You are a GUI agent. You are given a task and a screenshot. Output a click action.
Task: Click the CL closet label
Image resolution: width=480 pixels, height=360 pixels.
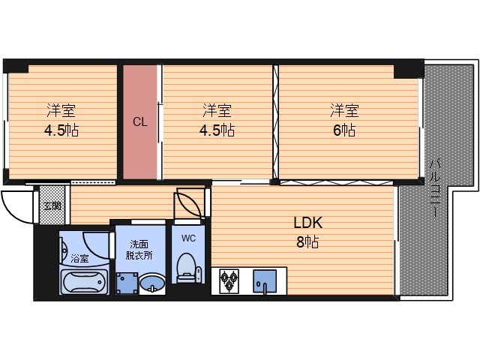click(x=140, y=122)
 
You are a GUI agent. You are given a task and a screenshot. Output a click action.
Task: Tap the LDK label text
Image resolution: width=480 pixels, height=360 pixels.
click(x=308, y=223)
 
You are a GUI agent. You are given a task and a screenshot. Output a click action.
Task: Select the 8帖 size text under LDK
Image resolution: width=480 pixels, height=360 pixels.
click(x=307, y=241)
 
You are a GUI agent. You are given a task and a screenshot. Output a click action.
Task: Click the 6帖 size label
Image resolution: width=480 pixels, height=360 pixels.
click(x=344, y=130)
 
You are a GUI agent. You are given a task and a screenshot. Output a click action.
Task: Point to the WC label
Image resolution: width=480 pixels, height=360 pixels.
click(x=188, y=238)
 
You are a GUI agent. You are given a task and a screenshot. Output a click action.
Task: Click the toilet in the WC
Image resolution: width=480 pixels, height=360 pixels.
click(x=187, y=267)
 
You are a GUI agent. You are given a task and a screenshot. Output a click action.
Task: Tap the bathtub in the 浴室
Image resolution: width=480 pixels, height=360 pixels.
click(x=84, y=281)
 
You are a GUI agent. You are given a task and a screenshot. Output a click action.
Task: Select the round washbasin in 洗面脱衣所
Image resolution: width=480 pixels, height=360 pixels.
click(x=152, y=283)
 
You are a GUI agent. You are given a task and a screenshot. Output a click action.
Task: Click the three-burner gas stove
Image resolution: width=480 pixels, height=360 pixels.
click(x=229, y=280)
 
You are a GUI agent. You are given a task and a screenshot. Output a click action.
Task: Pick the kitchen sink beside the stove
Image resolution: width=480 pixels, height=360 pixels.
click(x=265, y=281)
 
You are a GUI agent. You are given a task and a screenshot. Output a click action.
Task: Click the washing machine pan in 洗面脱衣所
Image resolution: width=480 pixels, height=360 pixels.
click(x=127, y=283)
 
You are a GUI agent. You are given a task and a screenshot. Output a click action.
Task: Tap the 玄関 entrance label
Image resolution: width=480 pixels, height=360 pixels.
click(x=52, y=206)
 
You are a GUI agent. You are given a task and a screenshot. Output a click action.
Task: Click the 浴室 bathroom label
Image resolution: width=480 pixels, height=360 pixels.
click(x=80, y=259)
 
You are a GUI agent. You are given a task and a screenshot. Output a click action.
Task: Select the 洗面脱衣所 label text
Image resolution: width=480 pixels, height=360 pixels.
click(x=139, y=250)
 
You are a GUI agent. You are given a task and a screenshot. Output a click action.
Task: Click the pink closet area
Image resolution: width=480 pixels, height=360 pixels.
click(x=140, y=121)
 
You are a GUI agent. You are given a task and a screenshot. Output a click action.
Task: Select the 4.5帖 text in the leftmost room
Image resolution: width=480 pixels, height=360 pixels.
click(x=61, y=130)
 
